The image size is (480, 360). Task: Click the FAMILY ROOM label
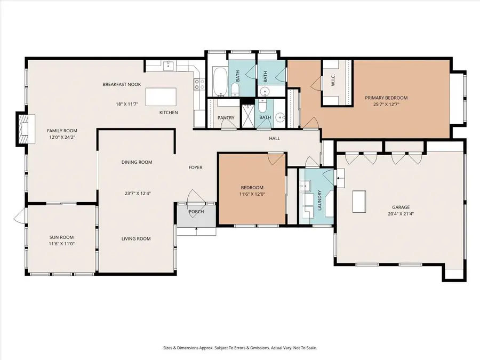coord(62,131)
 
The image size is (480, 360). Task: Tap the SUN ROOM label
coord(61,237)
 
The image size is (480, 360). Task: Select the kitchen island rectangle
coord(161,97)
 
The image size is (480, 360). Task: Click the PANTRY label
coord(226,117)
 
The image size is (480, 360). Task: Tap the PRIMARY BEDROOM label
coord(386,98)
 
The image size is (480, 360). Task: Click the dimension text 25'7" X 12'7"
coord(386,105)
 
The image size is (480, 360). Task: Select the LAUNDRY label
coord(319,200)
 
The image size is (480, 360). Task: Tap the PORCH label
coord(196,211)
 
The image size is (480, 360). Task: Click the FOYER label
coord(195,167)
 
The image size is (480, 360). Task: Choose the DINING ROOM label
coord(137,162)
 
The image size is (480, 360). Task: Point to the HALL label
coord(274,139)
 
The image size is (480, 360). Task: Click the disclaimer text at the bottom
coord(239,348)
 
